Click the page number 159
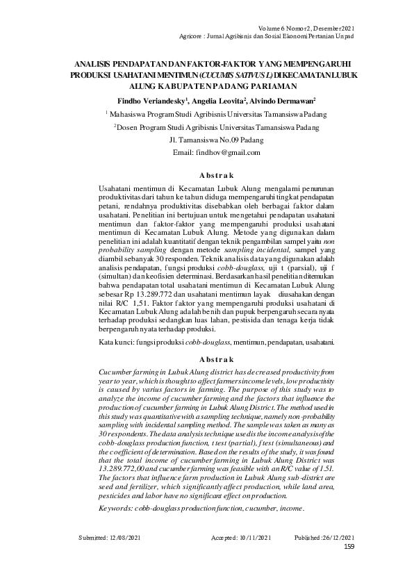tap(349, 547)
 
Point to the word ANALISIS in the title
tap(100, 64)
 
